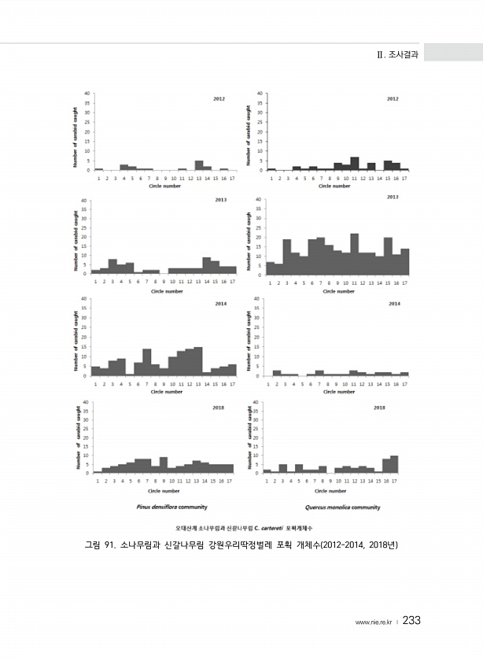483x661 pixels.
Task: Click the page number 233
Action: [x=411, y=621]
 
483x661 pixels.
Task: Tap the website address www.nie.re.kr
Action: [x=374, y=622]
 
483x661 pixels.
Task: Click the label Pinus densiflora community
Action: [x=171, y=508]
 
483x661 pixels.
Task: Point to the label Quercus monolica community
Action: [x=342, y=508]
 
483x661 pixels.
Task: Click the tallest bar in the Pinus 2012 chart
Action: [x=199, y=165]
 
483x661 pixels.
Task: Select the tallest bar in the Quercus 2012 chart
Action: [x=355, y=164]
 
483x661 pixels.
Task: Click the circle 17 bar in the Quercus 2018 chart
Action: [x=394, y=464]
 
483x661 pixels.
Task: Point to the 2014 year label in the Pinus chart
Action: [x=219, y=303]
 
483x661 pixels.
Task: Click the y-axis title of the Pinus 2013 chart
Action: [x=76, y=236]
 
